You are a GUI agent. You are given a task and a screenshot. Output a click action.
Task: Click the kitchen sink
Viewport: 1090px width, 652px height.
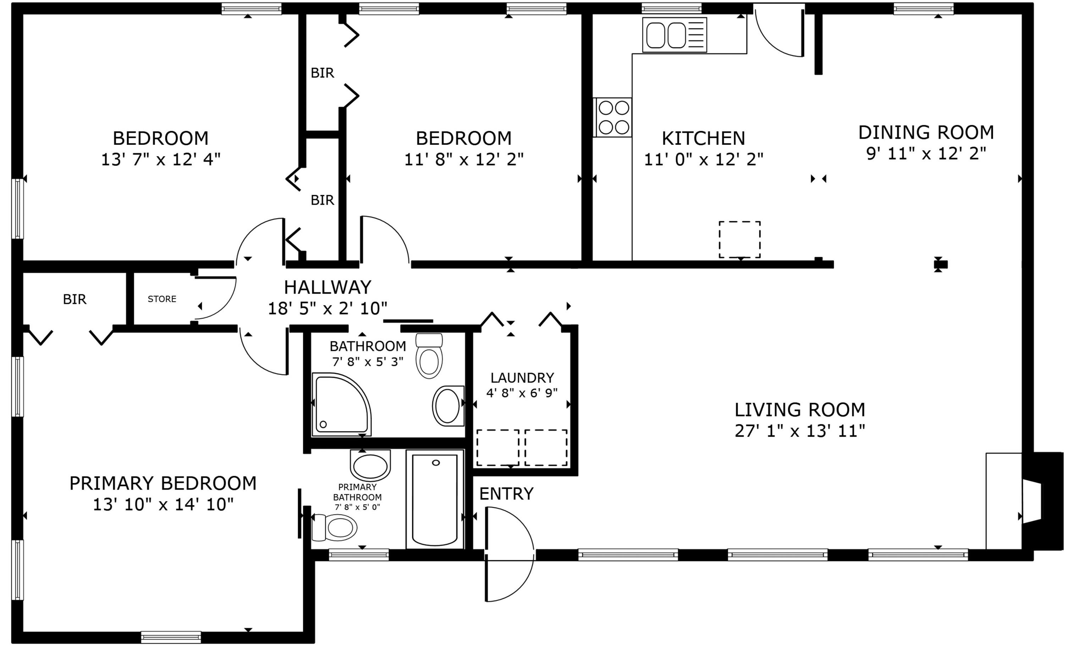[674, 35]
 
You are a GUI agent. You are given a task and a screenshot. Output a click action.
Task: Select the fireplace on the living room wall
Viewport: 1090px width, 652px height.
[1042, 501]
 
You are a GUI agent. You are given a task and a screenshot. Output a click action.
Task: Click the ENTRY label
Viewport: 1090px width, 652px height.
[506, 494]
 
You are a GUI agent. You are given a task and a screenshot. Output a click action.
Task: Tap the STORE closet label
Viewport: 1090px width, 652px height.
[162, 299]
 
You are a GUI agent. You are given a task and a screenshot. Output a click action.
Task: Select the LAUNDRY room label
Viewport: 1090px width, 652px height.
[522, 378]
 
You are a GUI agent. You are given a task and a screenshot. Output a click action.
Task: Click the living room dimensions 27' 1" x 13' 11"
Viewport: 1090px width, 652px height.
[800, 431]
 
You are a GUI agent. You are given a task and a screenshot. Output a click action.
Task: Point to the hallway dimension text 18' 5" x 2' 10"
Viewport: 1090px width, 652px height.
[327, 309]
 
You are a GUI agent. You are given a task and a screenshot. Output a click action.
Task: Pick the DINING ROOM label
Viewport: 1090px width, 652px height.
[926, 132]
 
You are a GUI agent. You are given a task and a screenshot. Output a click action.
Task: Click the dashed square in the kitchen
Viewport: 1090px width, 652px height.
[740, 239]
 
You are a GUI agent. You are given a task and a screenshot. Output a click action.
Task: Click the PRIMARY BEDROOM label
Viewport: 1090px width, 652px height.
[163, 483]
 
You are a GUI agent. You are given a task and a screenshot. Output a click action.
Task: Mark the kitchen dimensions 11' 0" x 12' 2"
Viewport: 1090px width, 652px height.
[704, 159]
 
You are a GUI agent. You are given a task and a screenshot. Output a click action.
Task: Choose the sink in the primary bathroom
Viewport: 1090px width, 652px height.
[370, 465]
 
